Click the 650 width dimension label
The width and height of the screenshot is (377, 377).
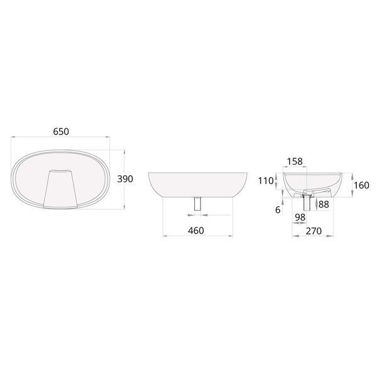click(61, 131)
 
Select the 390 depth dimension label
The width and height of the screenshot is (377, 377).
click(125, 179)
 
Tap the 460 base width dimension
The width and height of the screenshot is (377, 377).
click(196, 231)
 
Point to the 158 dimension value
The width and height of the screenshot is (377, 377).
click(295, 161)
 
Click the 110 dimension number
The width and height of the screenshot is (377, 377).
click(266, 180)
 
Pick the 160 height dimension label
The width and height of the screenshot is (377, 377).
click(361, 185)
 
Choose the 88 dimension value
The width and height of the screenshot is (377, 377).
click(324, 204)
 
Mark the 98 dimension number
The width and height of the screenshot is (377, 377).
click(300, 217)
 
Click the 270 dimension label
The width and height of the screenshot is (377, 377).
click(314, 231)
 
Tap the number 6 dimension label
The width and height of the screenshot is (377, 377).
click(278, 210)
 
